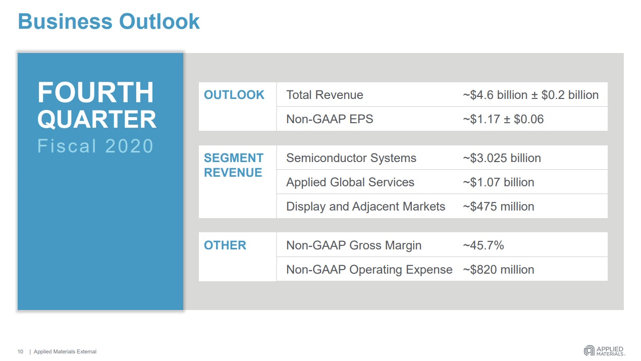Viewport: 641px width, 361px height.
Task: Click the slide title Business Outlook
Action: (x=109, y=22)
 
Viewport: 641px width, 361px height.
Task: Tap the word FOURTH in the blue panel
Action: (x=95, y=93)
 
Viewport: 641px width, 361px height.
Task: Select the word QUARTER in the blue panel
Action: (x=97, y=120)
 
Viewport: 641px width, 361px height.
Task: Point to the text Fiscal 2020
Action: (x=95, y=146)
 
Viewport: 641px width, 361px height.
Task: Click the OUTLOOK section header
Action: (x=234, y=95)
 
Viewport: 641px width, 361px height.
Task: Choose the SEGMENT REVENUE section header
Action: (x=234, y=165)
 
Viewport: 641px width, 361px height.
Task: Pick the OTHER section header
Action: (x=225, y=245)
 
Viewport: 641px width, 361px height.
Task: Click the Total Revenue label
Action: (x=325, y=95)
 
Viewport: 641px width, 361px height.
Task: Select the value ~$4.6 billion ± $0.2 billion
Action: (x=530, y=95)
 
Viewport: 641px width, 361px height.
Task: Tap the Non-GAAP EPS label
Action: (x=330, y=119)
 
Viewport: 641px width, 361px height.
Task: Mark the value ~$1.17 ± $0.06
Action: (x=503, y=119)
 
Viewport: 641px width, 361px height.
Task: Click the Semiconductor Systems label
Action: (x=351, y=158)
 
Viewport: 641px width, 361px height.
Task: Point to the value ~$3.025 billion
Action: (x=502, y=158)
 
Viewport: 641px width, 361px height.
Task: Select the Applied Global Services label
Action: (x=350, y=182)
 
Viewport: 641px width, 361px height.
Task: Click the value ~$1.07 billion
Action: (x=498, y=182)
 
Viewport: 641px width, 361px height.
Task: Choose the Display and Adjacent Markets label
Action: (x=365, y=207)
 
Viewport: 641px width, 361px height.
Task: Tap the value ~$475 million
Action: (x=498, y=207)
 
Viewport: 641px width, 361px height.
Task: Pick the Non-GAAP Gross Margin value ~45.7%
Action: (x=484, y=245)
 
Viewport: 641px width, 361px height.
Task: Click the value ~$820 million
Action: (x=498, y=270)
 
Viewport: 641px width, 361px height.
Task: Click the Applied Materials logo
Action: (x=604, y=351)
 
